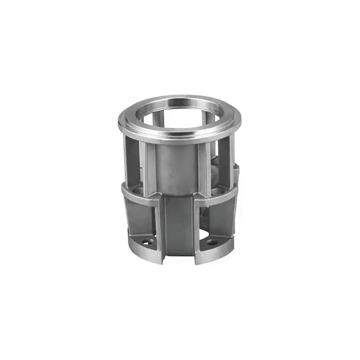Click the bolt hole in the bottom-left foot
147,243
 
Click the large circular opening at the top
180,115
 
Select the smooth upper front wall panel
179,166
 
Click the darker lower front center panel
179,225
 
